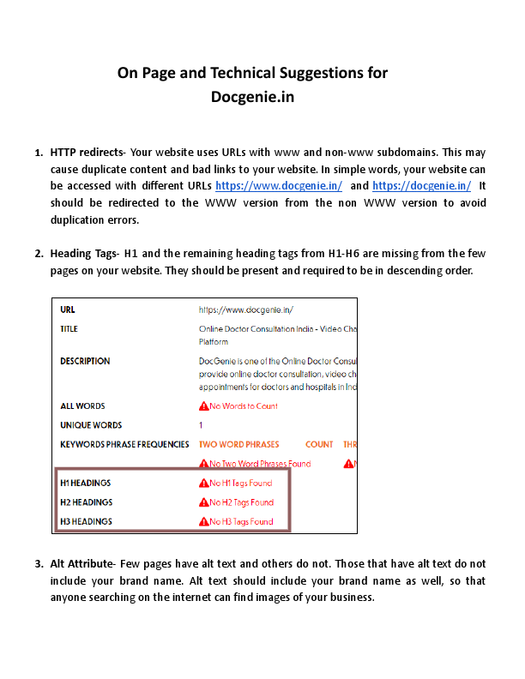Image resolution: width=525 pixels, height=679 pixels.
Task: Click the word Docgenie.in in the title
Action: (252, 97)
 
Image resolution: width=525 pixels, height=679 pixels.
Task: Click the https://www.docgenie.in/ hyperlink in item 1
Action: (279, 186)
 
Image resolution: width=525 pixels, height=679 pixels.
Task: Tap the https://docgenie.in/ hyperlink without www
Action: (422, 186)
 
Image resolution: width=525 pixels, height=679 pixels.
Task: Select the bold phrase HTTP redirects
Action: (87, 152)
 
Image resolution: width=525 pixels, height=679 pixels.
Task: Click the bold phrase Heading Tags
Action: (84, 254)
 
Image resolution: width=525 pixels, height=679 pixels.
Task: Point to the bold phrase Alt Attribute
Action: (81, 564)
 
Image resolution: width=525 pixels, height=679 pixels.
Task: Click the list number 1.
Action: (39, 152)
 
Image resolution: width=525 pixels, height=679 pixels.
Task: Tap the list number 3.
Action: (39, 564)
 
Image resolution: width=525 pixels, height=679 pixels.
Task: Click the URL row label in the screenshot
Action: (68, 309)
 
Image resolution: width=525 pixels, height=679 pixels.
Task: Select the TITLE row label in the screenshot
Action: (69, 328)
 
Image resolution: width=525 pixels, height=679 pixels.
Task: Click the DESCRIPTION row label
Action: (85, 362)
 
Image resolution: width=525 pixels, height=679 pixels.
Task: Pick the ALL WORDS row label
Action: (82, 406)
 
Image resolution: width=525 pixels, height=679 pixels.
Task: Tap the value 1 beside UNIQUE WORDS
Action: (201, 425)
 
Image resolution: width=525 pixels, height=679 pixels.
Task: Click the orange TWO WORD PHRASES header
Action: (238, 444)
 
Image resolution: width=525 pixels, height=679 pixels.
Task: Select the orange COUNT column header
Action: (319, 444)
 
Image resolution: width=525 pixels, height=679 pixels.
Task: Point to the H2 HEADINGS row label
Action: (86, 502)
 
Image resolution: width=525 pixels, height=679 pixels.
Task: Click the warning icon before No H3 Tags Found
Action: (203, 521)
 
